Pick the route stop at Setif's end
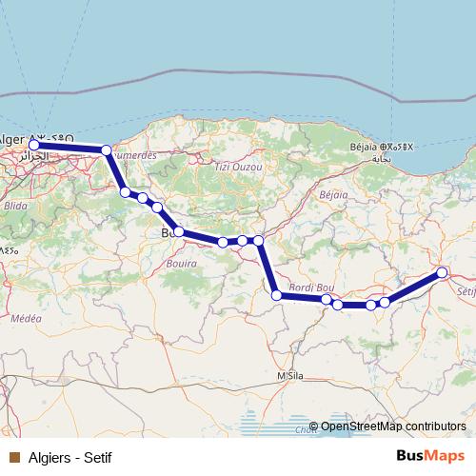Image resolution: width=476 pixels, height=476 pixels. pyautogui.click(x=442, y=273)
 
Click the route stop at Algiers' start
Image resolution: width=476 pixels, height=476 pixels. pyautogui.click(x=34, y=146)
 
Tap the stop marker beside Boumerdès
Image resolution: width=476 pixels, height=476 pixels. pyautogui.click(x=106, y=149)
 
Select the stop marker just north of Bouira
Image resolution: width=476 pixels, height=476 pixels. pyautogui.click(x=178, y=231)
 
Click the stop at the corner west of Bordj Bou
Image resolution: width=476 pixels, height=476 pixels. pyautogui.click(x=277, y=296)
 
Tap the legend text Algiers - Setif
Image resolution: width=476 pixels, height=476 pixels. pyautogui.click(x=70, y=458)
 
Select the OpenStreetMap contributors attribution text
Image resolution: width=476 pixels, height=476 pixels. pyautogui.click(x=392, y=426)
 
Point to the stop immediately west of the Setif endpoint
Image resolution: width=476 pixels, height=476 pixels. pyautogui.click(x=385, y=303)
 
